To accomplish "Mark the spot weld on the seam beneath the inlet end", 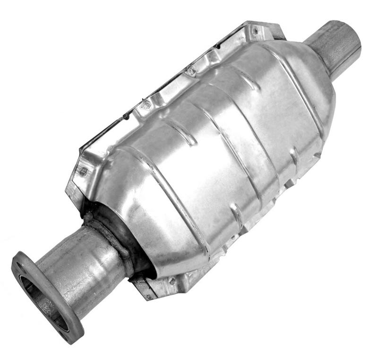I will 172,281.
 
